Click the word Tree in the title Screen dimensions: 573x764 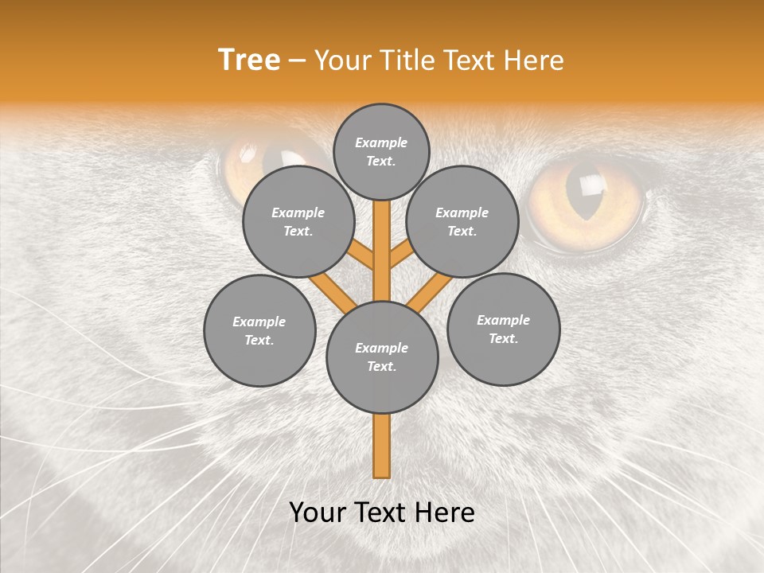tap(248, 60)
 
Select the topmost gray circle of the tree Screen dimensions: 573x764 tap(381, 151)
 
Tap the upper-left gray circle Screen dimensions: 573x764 tap(298, 221)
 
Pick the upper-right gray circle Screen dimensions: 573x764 tap(462, 221)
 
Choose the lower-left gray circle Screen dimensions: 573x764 tap(259, 330)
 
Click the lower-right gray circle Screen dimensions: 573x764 tap(504, 329)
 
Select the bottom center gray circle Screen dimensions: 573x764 tap(382, 357)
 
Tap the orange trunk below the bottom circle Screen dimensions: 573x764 tap(382, 446)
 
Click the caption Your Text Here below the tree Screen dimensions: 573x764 tap(382, 513)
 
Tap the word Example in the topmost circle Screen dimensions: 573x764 tap(381, 142)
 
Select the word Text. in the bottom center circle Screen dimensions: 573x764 tap(382, 366)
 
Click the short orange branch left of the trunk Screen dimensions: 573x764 tap(361, 255)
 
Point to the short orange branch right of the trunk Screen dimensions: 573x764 tap(401, 254)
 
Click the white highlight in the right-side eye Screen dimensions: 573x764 tap(591, 185)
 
